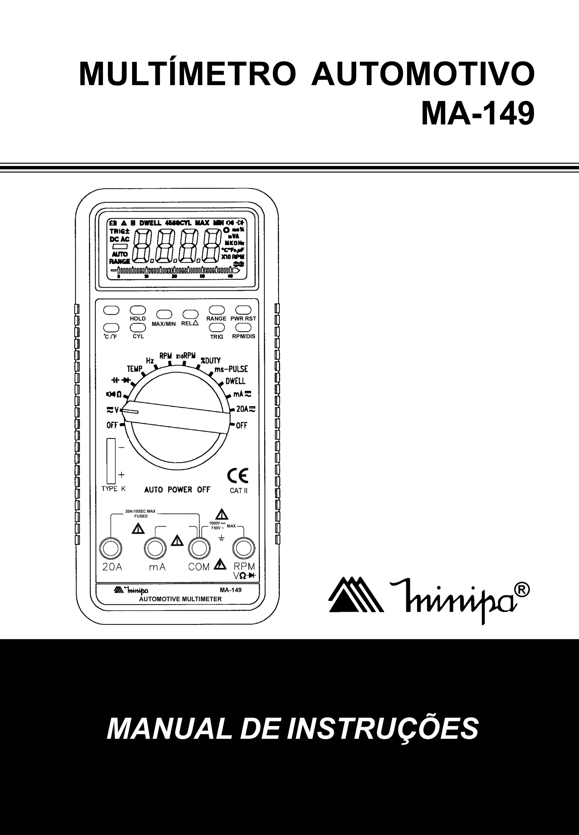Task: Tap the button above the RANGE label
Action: pyautogui.click(x=217, y=310)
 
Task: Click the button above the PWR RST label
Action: pyautogui.click(x=243, y=310)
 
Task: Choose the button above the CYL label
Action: pyautogui.click(x=138, y=327)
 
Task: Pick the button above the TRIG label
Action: pyautogui.click(x=217, y=327)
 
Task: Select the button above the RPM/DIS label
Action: pyautogui.click(x=243, y=327)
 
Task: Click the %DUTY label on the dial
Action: pyautogui.click(x=211, y=360)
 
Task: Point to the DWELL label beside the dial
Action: pyautogui.click(x=236, y=381)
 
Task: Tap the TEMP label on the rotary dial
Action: pyautogui.click(x=134, y=369)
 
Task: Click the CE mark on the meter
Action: pyautogui.click(x=238, y=476)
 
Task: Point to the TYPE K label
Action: pyautogui.click(x=114, y=489)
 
